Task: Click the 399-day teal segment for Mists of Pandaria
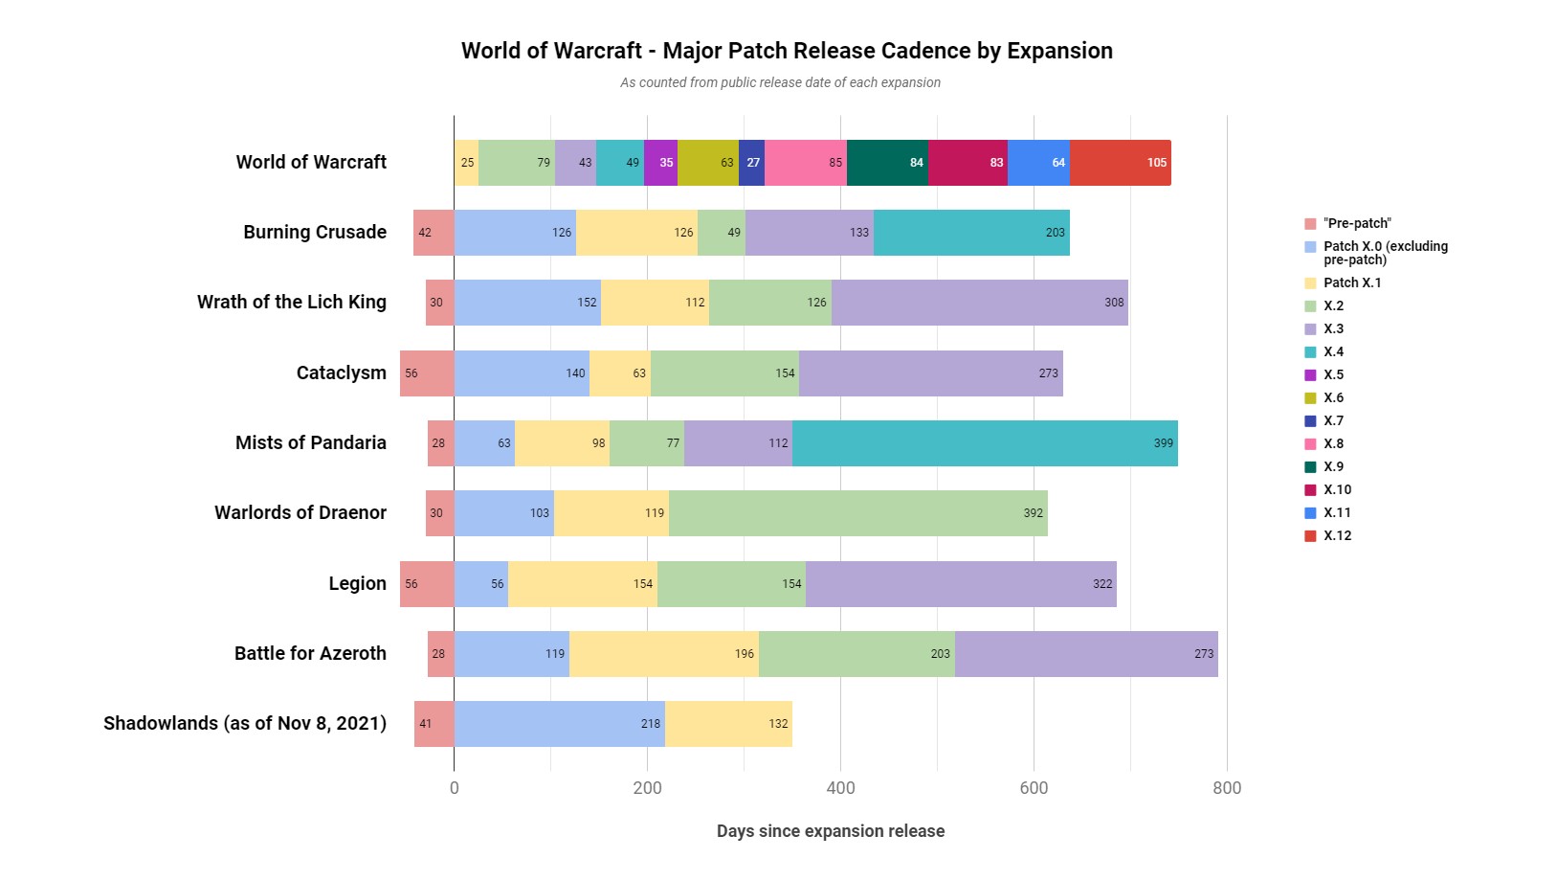click(985, 443)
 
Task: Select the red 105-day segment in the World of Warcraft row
click(1120, 163)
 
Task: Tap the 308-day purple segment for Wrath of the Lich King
click(979, 303)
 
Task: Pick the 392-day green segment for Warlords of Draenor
click(857, 513)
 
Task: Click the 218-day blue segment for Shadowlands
click(559, 724)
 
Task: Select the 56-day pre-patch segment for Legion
click(427, 584)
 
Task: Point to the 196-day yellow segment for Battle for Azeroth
click(663, 654)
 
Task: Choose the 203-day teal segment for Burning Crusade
click(971, 233)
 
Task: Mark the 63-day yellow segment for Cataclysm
click(619, 373)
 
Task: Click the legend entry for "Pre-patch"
click(1357, 223)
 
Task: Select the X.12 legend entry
click(1337, 535)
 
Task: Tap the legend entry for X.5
click(1333, 374)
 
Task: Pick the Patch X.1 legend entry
click(1351, 282)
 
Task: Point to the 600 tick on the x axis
click(1034, 788)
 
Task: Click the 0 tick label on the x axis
click(455, 788)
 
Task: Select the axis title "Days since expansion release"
click(831, 831)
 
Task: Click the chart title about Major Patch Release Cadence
click(787, 51)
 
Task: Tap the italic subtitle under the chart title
click(780, 82)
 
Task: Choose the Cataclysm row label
click(341, 373)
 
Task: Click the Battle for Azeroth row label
click(310, 654)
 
